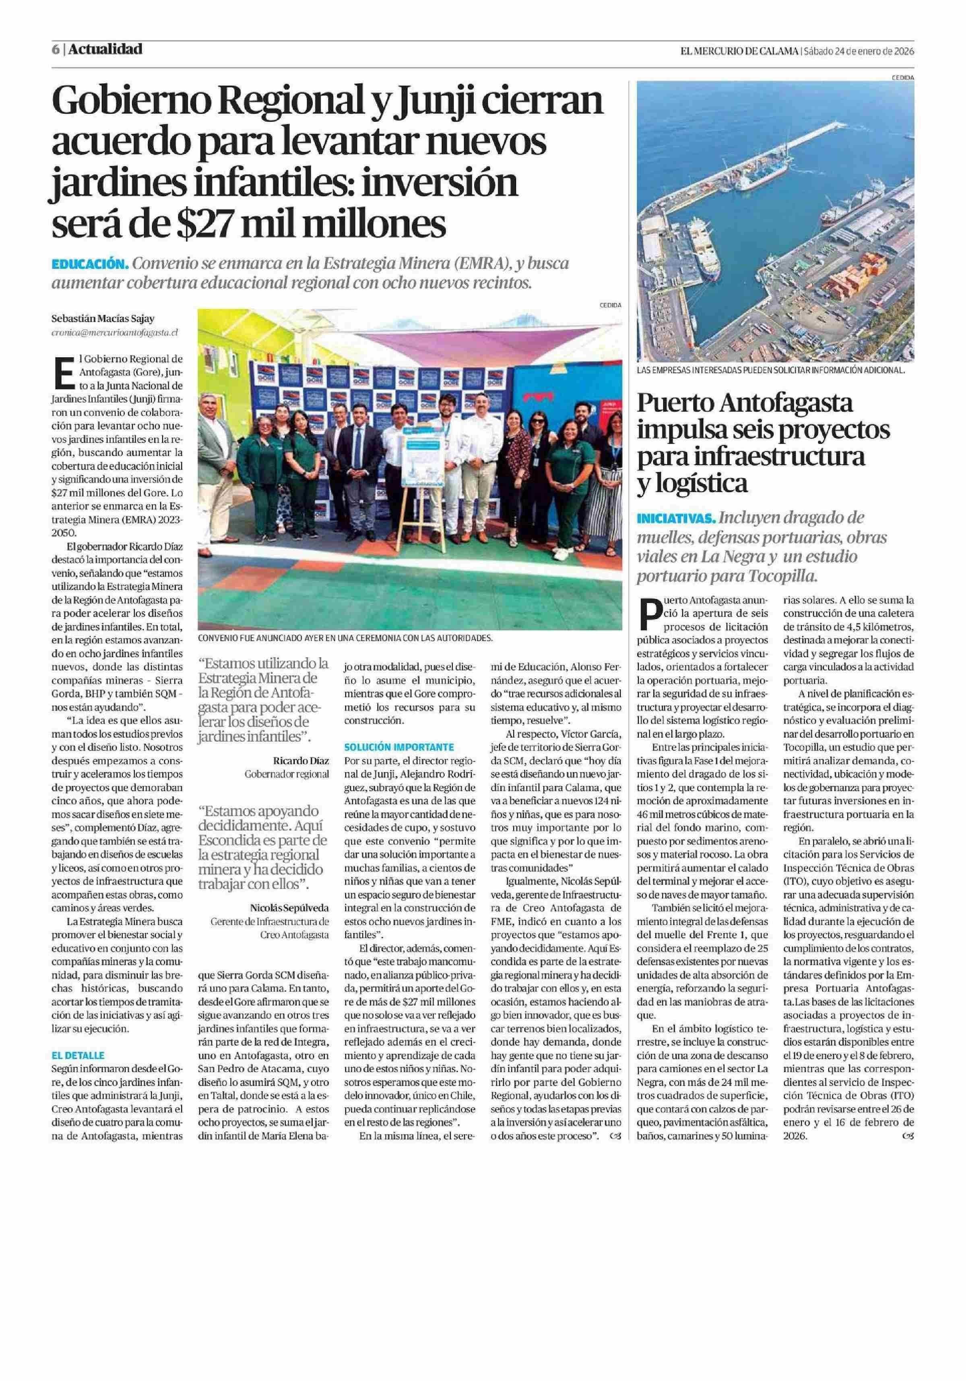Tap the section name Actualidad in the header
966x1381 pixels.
[x=105, y=49]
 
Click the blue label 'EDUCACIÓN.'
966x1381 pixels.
[x=90, y=264]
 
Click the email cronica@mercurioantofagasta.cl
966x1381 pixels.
[x=115, y=331]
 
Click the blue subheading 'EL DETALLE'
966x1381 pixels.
[x=78, y=1056]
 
